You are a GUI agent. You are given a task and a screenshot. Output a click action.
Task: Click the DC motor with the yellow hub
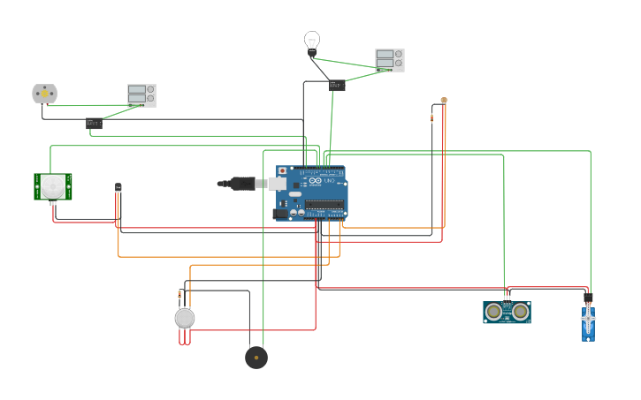pos(44,93)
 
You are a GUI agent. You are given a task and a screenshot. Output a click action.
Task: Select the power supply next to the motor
pos(141,94)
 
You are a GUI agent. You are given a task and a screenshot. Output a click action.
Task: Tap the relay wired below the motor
pos(95,124)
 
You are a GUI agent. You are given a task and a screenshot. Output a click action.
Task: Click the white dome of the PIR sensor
pos(53,185)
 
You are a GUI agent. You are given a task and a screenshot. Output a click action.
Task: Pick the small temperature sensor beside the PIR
pos(118,187)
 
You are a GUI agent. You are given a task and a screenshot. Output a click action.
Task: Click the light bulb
pos(311,41)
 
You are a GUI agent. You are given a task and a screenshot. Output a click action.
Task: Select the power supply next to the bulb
pos(390,59)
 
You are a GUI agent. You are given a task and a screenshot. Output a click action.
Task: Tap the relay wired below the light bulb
pos(337,86)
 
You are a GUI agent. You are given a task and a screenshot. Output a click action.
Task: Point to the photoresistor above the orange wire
pos(444,100)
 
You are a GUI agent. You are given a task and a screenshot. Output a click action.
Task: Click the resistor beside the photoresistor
pos(432,117)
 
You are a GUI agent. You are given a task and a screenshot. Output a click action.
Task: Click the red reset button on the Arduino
pos(283,170)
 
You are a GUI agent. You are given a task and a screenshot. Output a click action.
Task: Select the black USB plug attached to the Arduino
pos(239,184)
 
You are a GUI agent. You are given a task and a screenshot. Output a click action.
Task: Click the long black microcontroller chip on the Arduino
pos(324,205)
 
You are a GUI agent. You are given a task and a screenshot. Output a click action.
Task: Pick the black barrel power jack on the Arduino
pos(281,213)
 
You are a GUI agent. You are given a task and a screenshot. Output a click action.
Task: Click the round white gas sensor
pos(184,318)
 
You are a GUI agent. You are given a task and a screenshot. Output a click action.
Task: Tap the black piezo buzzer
pos(256,357)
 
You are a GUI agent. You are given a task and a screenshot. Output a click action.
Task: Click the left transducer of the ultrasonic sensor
pos(493,311)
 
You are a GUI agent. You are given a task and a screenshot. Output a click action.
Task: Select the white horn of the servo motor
pos(588,317)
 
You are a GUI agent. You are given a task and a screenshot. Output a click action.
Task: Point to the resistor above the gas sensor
pos(179,293)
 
